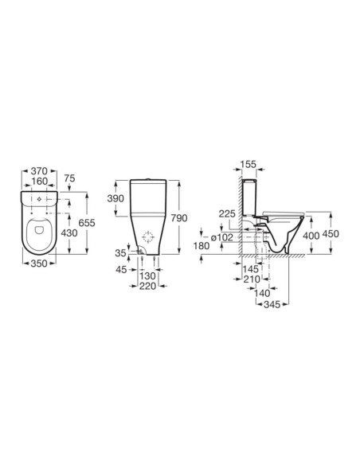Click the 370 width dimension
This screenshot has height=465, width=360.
coord(39,171)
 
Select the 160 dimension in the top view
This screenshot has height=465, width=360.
coord(39,181)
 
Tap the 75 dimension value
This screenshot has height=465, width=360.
coord(69,178)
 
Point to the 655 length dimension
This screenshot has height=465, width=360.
coord(87,222)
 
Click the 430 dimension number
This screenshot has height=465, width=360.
coord(69,233)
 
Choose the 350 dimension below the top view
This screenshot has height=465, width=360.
coord(39,263)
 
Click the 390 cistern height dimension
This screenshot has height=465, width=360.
coord(115,198)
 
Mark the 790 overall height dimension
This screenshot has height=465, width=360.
coord(179,218)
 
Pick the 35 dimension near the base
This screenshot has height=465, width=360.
coord(121,253)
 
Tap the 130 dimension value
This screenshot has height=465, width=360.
coord(147,275)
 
